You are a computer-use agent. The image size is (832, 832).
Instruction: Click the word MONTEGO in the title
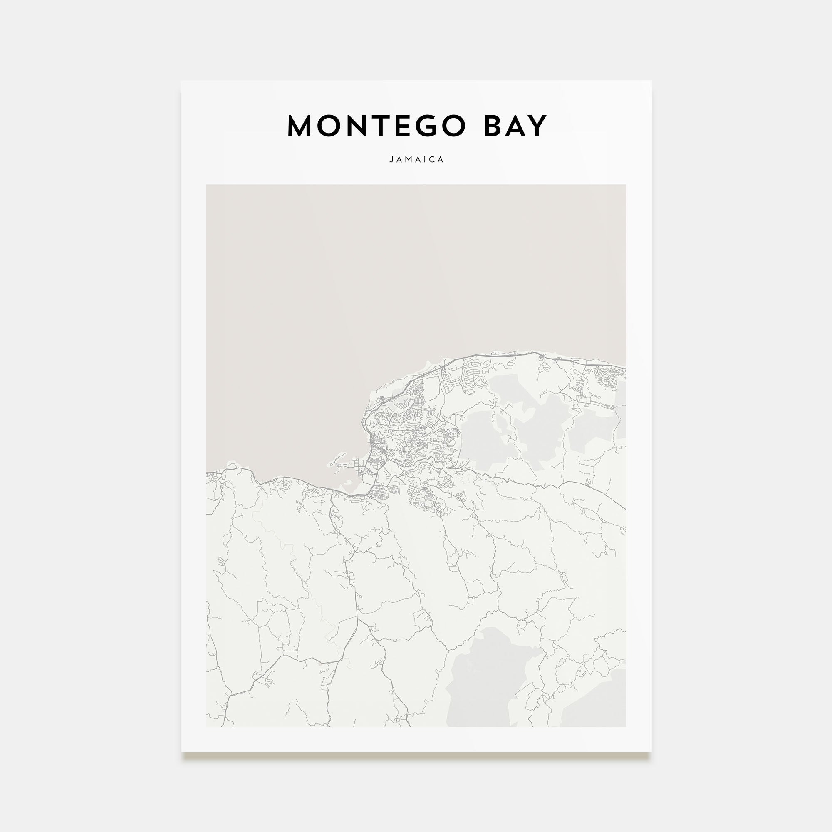376,126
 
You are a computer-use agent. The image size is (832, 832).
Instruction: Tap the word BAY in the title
515,126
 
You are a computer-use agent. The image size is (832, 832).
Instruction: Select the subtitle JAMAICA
416,159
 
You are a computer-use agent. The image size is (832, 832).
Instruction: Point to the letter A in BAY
515,126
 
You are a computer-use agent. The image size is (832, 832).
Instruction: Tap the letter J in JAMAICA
391,159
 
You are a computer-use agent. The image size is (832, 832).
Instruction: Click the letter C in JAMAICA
432,159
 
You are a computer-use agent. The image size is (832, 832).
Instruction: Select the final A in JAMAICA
441,159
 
